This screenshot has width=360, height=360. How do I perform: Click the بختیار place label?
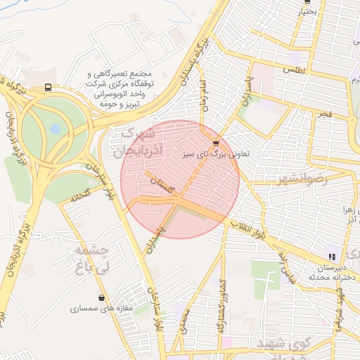(x=304, y=11)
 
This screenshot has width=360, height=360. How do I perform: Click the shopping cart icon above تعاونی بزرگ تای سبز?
(x=215, y=143)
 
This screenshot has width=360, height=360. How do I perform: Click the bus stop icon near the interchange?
(x=47, y=87)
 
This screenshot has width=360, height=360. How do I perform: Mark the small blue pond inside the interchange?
(x=55, y=129)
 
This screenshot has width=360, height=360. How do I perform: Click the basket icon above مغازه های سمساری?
(x=103, y=298)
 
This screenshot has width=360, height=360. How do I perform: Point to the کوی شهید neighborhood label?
(x=276, y=342)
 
